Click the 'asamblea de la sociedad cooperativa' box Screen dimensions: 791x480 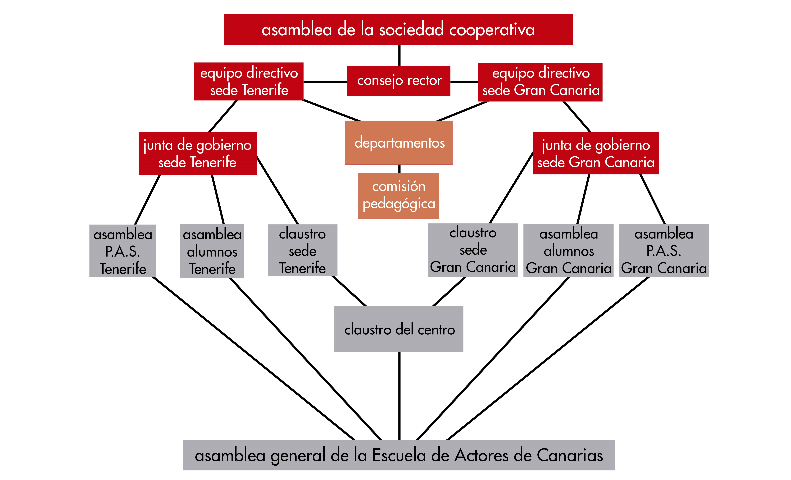[398, 29]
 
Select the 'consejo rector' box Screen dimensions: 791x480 [398, 81]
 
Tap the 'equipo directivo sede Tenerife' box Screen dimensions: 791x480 [249, 81]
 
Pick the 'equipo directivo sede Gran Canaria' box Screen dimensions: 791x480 [540, 82]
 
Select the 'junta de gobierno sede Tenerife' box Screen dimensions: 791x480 [198, 153]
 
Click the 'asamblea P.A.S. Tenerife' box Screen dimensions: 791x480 [123, 251]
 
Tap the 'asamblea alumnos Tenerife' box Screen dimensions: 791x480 [212, 251]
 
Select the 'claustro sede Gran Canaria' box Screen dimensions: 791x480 [473, 250]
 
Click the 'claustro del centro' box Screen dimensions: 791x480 [399, 329]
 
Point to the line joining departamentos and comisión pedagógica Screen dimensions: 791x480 [399, 169]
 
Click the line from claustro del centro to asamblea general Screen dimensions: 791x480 [399, 396]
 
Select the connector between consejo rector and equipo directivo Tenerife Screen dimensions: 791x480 [325, 82]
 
